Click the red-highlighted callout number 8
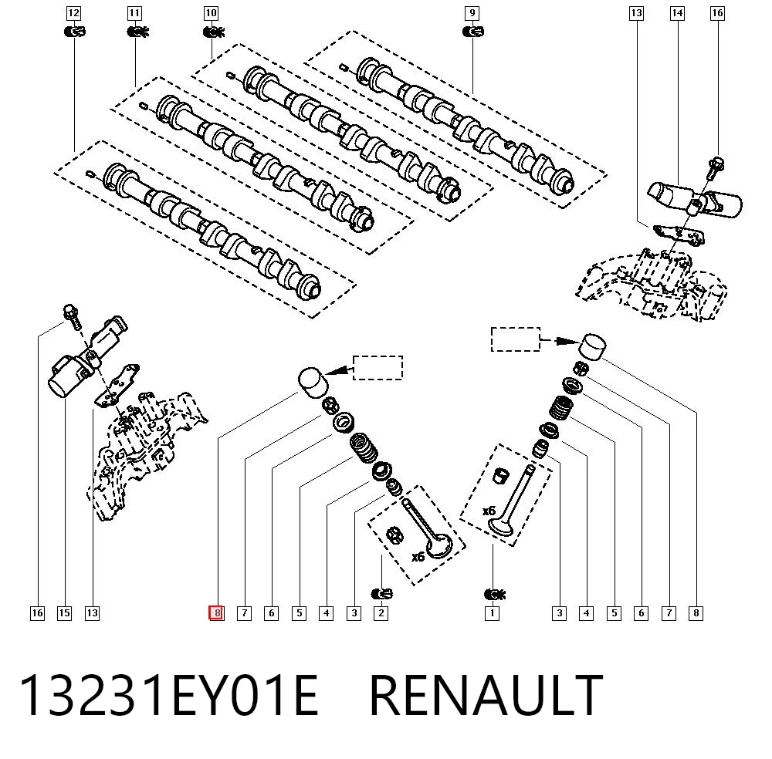(x=216, y=613)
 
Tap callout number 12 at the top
(x=73, y=13)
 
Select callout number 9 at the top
(x=472, y=13)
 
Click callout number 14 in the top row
(x=678, y=13)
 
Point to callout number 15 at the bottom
(x=65, y=613)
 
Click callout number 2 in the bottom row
(x=381, y=613)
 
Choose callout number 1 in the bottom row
(x=492, y=613)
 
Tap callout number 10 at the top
(x=211, y=13)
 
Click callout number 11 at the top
(x=134, y=13)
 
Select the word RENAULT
(x=486, y=695)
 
